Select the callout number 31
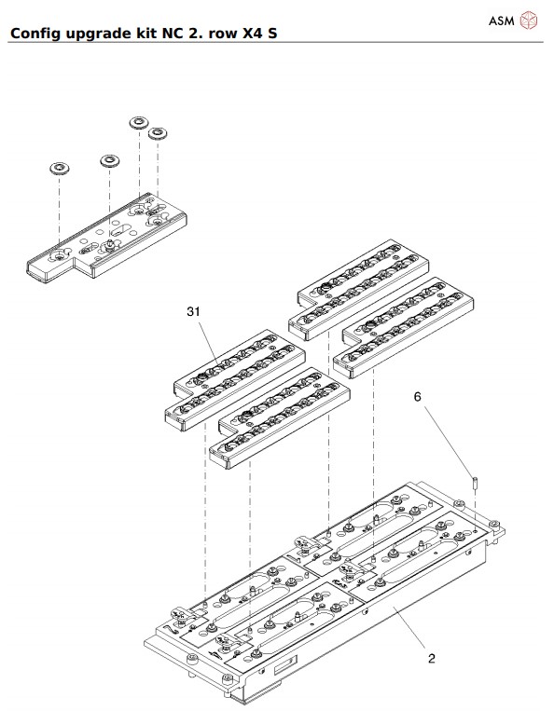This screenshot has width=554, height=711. tap(194, 312)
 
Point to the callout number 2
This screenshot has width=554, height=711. tap(431, 659)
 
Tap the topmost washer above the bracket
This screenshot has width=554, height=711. tap(140, 122)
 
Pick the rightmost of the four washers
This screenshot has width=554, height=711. tap(158, 133)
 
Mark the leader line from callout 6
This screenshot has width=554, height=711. tap(448, 442)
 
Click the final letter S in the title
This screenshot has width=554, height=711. tap(274, 34)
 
